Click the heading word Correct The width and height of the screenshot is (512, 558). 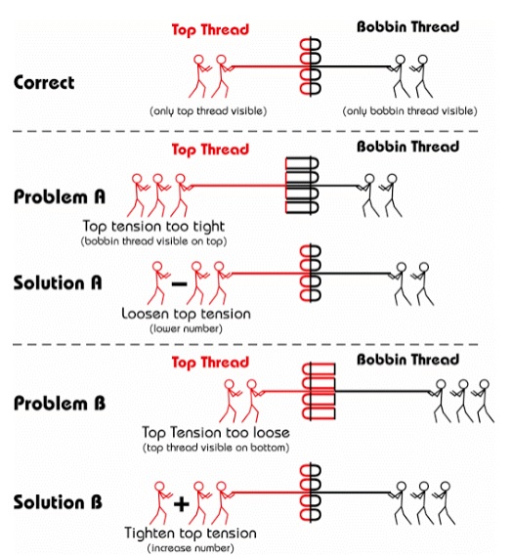tap(44, 82)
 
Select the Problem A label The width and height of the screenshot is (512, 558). tap(60, 196)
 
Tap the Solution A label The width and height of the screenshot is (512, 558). tap(58, 283)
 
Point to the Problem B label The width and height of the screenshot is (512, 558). tap(60, 404)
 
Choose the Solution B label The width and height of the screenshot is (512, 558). tap(58, 502)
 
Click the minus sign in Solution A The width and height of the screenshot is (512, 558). tap(180, 284)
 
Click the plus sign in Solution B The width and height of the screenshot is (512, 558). tap(182, 504)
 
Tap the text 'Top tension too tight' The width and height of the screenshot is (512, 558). tap(153, 227)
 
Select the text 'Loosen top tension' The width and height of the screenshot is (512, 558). tap(186, 314)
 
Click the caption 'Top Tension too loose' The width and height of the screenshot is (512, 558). tap(216, 432)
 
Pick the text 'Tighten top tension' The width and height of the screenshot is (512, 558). tap(191, 534)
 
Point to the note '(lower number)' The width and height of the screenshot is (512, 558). tap(186, 328)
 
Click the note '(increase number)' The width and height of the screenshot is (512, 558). tap(191, 548)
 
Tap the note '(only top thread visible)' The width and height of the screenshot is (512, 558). tap(208, 111)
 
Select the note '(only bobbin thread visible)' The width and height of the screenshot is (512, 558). tap(409, 111)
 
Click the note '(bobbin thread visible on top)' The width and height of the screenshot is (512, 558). tap(153, 241)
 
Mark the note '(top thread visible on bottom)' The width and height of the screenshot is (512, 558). tap(216, 448)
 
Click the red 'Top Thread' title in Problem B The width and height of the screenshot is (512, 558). tap(210, 363)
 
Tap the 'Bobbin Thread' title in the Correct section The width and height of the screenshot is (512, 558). tap(407, 26)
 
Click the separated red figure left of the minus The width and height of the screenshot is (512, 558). tap(157, 283)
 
